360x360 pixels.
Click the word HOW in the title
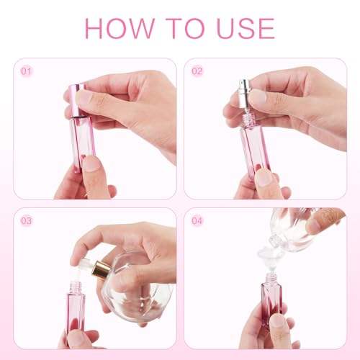[x=120, y=28]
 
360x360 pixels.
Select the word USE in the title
[x=246, y=28]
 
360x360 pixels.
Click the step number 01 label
[x=26, y=71]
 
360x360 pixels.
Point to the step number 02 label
[x=197, y=71]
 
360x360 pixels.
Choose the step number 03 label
[x=26, y=221]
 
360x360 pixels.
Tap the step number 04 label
[x=197, y=221]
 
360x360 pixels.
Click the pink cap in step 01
[x=77, y=100]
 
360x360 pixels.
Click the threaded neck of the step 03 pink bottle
[x=75, y=288]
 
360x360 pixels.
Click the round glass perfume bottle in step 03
[x=135, y=288]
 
